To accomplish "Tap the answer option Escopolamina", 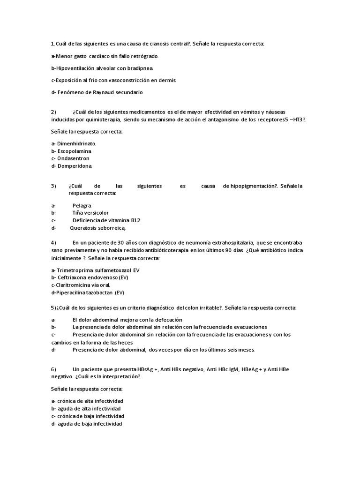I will (75, 151).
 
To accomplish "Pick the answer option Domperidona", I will (75, 166).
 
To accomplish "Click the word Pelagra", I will (82, 206).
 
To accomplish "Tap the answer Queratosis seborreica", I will (98, 228).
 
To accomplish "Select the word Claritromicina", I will (75, 285).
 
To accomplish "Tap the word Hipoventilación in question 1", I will (75, 68).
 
